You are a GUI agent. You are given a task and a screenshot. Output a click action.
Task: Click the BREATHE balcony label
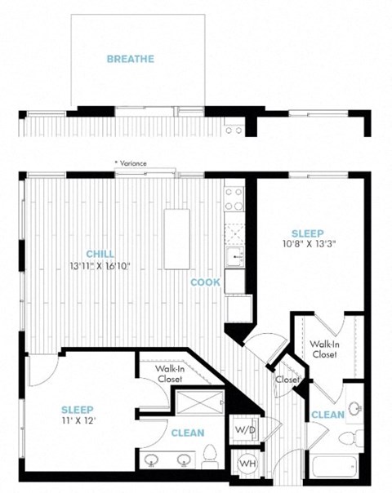click(x=131, y=59)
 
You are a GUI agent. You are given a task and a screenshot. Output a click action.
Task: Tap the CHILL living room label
click(x=100, y=254)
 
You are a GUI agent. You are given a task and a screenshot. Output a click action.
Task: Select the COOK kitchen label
click(x=206, y=282)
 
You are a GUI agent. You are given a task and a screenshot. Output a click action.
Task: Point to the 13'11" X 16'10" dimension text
click(x=100, y=266)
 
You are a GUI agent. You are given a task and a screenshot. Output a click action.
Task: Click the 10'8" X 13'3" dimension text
click(x=307, y=244)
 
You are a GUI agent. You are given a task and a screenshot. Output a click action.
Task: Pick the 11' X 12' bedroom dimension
click(x=78, y=420)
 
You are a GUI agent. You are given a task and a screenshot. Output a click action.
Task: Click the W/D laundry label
click(x=245, y=430)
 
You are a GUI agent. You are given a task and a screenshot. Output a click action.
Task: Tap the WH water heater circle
click(x=247, y=463)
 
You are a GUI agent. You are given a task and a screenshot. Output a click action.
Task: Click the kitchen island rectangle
click(x=177, y=239)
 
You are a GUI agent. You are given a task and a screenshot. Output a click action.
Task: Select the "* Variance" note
click(x=131, y=163)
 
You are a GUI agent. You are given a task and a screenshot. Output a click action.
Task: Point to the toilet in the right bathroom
click(x=351, y=437)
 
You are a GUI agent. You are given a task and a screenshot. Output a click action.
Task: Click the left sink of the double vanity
click(x=151, y=460)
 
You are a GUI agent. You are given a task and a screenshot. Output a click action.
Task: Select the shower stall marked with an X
click(x=199, y=402)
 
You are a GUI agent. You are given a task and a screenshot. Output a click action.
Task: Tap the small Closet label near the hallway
click(x=287, y=380)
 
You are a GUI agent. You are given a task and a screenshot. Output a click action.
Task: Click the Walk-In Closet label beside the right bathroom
click(x=324, y=349)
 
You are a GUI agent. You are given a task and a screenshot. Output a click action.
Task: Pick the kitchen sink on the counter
click(x=234, y=257)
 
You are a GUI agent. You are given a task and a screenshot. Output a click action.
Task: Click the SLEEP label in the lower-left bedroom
click(x=78, y=410)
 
